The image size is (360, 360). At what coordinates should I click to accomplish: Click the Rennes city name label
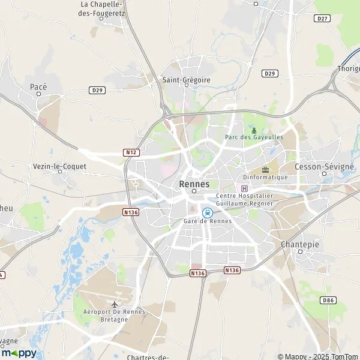194,184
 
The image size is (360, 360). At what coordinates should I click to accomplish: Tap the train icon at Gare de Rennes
207,212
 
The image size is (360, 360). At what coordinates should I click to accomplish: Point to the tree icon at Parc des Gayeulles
254,130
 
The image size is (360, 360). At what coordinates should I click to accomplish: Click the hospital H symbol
244,188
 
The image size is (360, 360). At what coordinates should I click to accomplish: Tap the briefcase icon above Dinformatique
265,170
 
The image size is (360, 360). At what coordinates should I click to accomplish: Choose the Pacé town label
38,87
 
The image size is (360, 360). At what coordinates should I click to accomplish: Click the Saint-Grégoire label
187,79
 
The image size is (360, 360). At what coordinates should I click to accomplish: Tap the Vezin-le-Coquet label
60,166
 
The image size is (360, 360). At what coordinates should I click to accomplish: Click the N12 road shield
132,152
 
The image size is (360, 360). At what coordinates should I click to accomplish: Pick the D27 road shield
322,19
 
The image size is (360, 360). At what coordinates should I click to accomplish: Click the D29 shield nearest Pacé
97,90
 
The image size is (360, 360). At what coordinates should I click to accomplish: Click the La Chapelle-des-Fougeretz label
102,8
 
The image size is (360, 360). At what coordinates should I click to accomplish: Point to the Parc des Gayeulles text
254,137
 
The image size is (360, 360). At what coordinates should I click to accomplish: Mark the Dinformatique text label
265,178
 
